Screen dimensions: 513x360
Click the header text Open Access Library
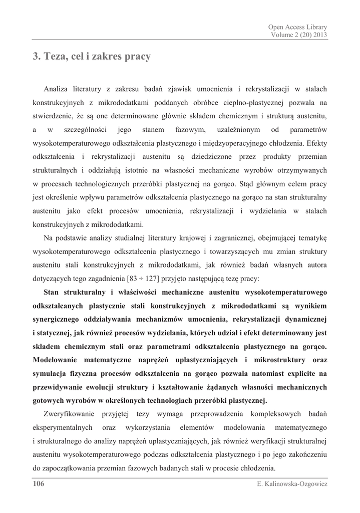(x=297, y=27)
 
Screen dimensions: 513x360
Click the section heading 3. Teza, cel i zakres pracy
(x=92, y=57)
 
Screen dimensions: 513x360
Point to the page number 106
(x=39, y=484)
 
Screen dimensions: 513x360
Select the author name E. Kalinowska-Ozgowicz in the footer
(x=291, y=484)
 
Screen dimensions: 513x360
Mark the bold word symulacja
(x=52, y=373)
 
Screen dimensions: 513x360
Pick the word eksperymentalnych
(x=63, y=427)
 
